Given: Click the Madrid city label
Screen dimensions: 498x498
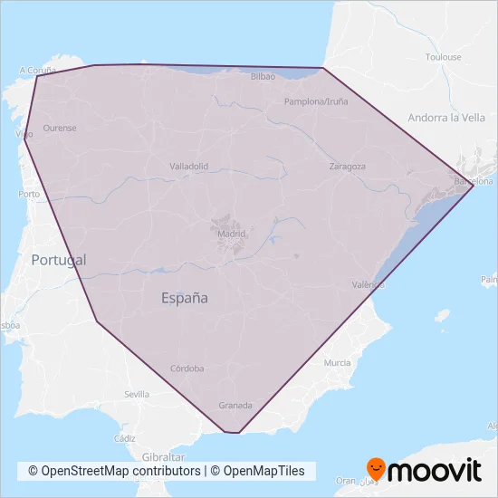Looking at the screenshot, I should [x=231, y=234].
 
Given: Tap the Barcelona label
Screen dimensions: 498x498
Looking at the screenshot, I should [x=474, y=181].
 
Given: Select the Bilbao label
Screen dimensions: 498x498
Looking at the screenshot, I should [x=263, y=77].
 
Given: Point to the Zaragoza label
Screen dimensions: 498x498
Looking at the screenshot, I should [x=347, y=167].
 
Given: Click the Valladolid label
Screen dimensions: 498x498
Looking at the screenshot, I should [x=189, y=167].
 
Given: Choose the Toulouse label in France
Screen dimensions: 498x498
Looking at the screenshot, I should [x=444, y=57].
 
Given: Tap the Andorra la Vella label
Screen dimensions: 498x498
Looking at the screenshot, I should [x=446, y=118].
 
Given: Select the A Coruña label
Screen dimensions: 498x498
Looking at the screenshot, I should [x=37, y=69].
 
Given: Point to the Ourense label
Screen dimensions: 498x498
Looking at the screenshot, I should [x=60, y=128].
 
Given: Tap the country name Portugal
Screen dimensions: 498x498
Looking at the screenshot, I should [x=59, y=260].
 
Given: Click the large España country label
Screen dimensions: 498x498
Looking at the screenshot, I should [x=185, y=297].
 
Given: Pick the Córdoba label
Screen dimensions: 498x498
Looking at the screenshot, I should [x=187, y=369].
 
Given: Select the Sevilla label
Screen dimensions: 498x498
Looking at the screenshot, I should [x=137, y=395].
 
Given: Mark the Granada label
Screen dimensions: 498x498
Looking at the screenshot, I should [x=235, y=406].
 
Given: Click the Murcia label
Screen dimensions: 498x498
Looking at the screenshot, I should [x=337, y=363].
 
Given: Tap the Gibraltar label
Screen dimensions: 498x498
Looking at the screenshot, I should [x=164, y=458].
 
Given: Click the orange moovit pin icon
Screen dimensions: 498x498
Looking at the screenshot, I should [x=377, y=469].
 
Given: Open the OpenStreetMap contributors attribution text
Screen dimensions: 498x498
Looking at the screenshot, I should [x=114, y=471].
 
